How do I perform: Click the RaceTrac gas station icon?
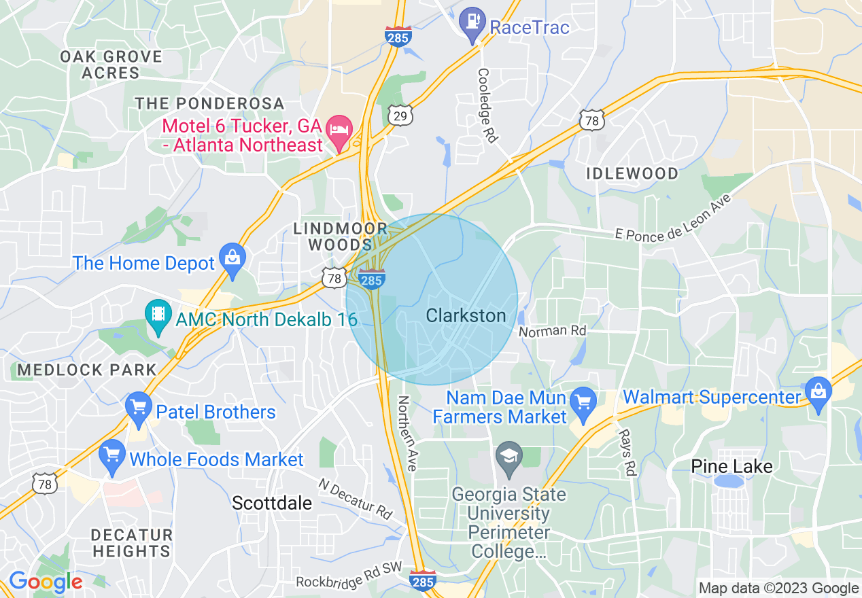472,20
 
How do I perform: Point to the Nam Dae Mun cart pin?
583,401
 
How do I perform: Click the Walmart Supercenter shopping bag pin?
818,393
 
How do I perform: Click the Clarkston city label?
466,316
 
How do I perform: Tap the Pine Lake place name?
731,466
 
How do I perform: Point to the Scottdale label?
272,503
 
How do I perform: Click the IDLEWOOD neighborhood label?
632,173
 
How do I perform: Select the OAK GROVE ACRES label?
110,65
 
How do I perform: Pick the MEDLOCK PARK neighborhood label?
87,370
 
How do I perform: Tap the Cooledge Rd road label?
488,105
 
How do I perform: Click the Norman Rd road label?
552,332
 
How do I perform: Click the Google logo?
46,582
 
